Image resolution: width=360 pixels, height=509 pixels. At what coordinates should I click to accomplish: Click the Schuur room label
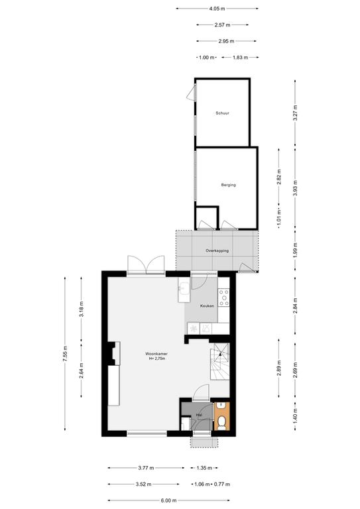coord(222,113)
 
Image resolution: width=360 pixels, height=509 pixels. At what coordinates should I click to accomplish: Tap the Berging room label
coord(229,185)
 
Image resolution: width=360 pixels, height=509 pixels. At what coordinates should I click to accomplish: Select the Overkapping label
coord(217,251)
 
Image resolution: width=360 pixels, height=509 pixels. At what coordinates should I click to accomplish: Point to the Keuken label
coord(207,306)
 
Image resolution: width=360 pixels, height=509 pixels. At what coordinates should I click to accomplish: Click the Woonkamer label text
coord(156,354)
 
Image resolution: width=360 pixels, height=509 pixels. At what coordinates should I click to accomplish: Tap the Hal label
coord(199,415)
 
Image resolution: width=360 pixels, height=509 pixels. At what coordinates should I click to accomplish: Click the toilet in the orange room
coord(221,424)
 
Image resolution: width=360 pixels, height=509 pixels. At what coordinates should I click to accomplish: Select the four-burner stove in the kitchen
coord(223,298)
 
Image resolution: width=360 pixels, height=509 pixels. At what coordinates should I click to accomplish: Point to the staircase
coord(219,361)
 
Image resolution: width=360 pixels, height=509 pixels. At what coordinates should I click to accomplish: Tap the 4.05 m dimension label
coord(217,9)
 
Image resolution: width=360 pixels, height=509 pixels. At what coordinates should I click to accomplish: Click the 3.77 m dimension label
coord(146,468)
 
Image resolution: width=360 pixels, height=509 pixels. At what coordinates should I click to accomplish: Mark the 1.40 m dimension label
coord(295,417)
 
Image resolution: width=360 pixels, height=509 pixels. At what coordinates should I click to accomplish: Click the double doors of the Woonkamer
coord(146,265)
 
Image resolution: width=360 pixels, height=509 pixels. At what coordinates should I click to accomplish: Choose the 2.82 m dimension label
coord(279,176)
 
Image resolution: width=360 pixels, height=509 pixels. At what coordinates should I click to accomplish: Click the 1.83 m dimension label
coord(240,58)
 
